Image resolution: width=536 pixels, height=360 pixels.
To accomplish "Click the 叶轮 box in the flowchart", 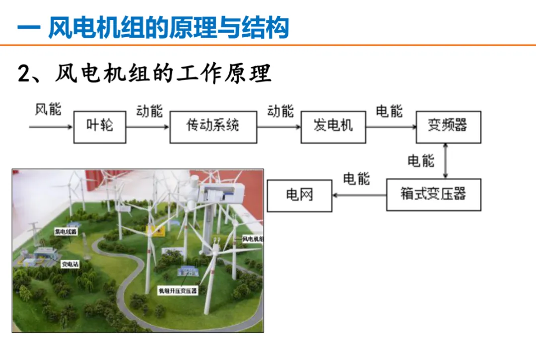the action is [x=100, y=127].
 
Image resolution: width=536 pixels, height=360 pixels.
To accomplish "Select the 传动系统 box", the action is [x=213, y=127].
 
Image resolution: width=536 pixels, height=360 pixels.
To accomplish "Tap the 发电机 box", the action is [x=333, y=127].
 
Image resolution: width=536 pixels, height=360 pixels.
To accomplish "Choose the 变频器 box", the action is [x=448, y=127].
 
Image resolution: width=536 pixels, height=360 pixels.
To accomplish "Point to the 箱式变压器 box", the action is [x=433, y=195].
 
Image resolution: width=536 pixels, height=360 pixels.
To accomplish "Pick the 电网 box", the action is [x=299, y=195].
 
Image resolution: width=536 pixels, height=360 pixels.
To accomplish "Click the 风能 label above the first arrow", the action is [x=48, y=109].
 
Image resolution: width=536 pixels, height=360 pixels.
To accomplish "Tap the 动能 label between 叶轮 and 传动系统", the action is [x=149, y=111].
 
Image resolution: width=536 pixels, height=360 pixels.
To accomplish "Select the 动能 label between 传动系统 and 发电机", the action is [x=280, y=111].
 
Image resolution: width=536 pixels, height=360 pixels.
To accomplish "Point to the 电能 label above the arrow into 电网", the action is [x=356, y=179].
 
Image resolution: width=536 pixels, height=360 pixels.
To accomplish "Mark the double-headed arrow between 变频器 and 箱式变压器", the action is [x=446, y=160].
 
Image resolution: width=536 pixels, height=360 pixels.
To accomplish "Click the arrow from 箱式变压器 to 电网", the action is [x=359, y=195].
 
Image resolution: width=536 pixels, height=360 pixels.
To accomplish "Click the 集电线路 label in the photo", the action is [x=66, y=231].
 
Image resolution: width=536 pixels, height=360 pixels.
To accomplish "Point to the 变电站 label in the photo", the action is [x=69, y=265].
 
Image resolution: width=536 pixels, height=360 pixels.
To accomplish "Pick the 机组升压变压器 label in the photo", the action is [x=177, y=291].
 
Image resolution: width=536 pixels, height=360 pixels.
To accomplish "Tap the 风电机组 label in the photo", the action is [x=253, y=239].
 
